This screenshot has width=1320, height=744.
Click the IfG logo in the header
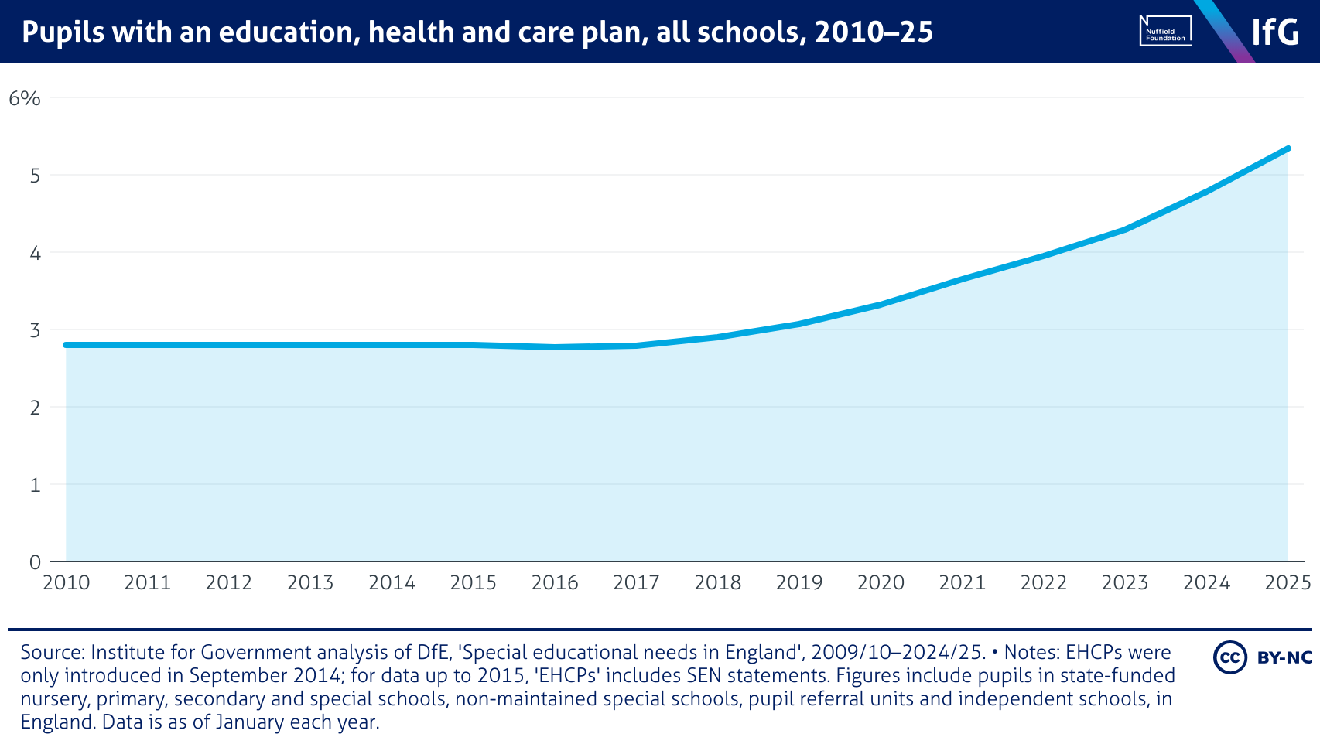[x=1275, y=32]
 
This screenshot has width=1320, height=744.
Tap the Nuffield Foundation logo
[x=1165, y=31]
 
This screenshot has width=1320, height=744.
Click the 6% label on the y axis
[x=24, y=98]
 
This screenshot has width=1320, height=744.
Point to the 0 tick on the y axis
[x=35, y=562]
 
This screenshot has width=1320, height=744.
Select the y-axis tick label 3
[x=35, y=330]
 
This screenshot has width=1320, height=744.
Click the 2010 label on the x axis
[x=67, y=582]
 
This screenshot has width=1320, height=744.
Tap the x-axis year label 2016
[x=555, y=582]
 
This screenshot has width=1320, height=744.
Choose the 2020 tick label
[x=881, y=582]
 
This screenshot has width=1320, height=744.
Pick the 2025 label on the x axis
[x=1288, y=582]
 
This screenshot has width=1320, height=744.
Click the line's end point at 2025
[x=1288, y=148]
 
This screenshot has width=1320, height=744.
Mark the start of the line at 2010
[x=67, y=345]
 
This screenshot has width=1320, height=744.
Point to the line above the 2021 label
[x=962, y=278]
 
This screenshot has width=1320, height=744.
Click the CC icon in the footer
[x=1229, y=657]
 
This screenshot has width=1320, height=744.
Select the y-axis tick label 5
[x=35, y=176]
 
